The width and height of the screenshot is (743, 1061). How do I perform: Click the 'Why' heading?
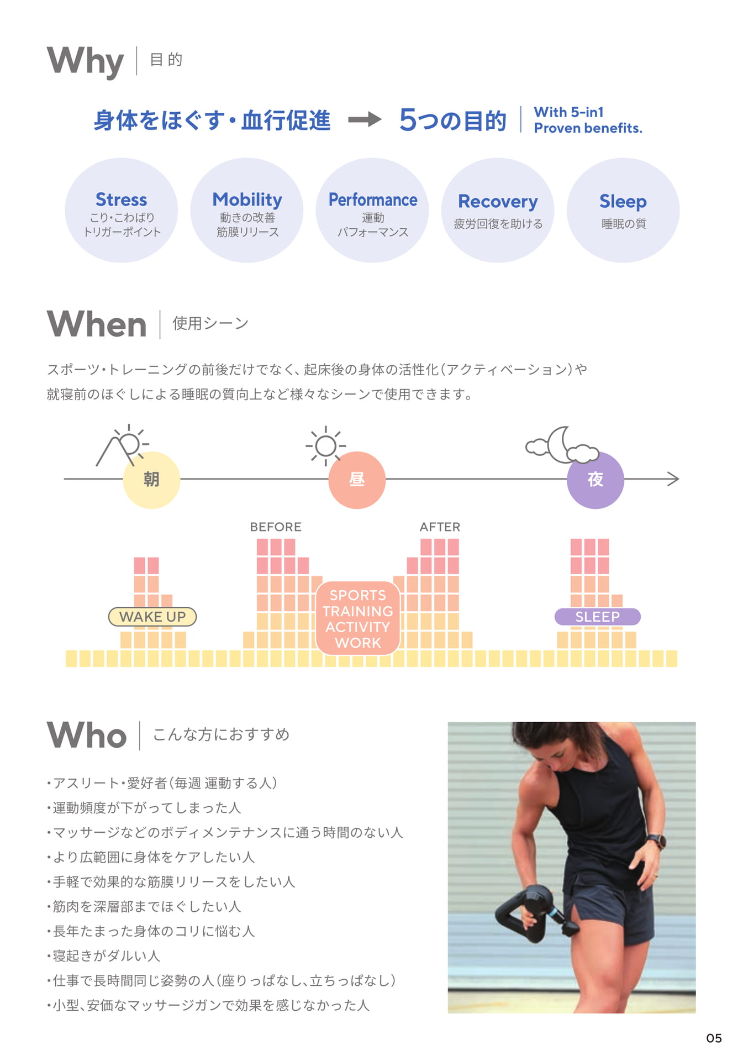coord(85,61)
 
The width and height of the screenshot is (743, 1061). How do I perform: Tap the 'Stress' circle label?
coord(122,199)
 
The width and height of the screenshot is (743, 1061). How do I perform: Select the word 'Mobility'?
coord(247,200)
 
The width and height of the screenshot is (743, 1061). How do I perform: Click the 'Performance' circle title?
coord(373,199)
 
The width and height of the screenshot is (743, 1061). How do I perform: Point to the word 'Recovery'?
coord(498,202)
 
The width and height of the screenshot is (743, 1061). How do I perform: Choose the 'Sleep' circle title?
coord(623,202)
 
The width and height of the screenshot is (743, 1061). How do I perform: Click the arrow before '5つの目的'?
coord(365,119)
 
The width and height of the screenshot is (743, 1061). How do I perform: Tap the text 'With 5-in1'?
coord(568,112)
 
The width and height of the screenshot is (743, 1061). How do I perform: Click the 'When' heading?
coord(97,324)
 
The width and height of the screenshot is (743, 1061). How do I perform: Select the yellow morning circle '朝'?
coord(151,480)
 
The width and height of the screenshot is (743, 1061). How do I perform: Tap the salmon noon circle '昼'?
coord(357,480)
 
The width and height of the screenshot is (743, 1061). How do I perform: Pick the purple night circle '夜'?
coord(596,480)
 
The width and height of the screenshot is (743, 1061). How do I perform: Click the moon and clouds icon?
coord(562,445)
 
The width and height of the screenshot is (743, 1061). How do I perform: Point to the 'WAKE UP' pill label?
coord(152,617)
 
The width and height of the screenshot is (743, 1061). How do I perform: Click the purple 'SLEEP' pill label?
coord(597,617)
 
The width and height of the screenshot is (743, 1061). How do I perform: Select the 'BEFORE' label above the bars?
coord(276,527)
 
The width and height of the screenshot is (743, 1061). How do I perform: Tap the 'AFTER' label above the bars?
coord(440,527)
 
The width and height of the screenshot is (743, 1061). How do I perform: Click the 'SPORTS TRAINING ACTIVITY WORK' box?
coord(358,618)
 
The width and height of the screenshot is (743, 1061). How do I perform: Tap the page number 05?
coord(714,1038)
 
